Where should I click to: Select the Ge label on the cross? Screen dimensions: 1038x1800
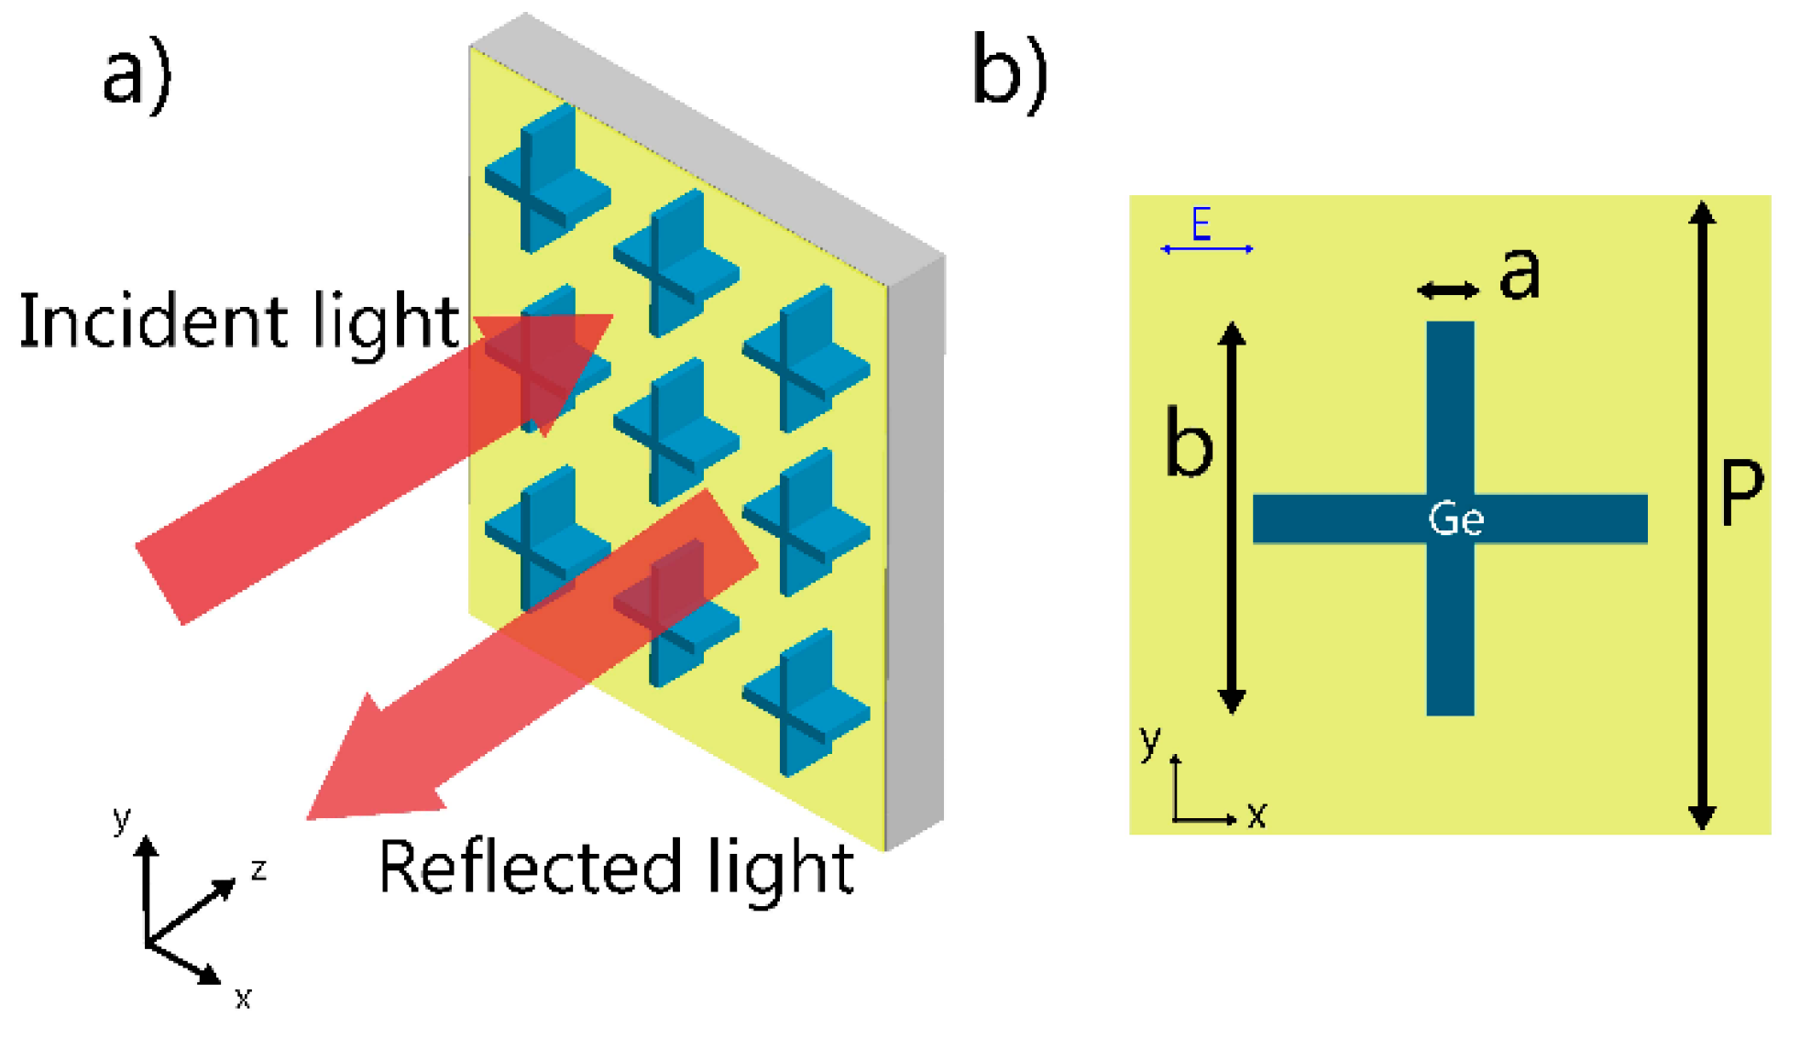[1455, 519]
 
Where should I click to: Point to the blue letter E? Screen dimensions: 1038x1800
[1201, 224]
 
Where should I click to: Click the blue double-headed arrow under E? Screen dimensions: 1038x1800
[1206, 249]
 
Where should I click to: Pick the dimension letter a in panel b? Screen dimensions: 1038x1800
[1520, 274]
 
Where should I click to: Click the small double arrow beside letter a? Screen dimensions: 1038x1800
[1448, 290]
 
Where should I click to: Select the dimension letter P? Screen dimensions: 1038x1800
[1741, 492]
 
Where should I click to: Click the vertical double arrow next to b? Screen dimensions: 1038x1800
[1233, 518]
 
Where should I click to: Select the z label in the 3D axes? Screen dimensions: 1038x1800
[258, 869]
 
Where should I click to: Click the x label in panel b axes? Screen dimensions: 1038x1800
[1257, 814]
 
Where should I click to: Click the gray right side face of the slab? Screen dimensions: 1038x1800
[916, 550]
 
